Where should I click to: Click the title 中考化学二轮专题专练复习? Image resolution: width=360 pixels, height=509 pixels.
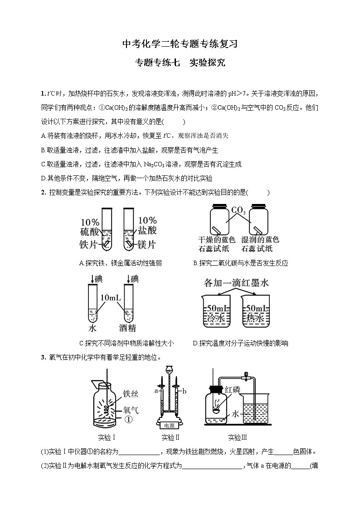(x=180, y=44)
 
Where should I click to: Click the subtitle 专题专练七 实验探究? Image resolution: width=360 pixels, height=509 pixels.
(x=180, y=63)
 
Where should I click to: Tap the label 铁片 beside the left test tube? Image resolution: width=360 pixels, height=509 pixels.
(x=89, y=245)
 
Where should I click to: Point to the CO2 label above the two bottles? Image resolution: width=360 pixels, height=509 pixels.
(x=238, y=211)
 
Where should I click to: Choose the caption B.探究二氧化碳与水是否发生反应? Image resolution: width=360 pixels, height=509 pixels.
(x=240, y=263)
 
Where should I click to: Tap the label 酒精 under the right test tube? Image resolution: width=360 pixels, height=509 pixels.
(x=127, y=328)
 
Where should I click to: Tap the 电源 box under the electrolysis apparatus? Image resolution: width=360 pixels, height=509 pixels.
(x=169, y=426)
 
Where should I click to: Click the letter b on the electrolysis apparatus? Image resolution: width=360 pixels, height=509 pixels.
(x=184, y=390)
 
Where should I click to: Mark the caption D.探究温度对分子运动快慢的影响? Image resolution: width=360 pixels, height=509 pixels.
(x=240, y=343)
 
